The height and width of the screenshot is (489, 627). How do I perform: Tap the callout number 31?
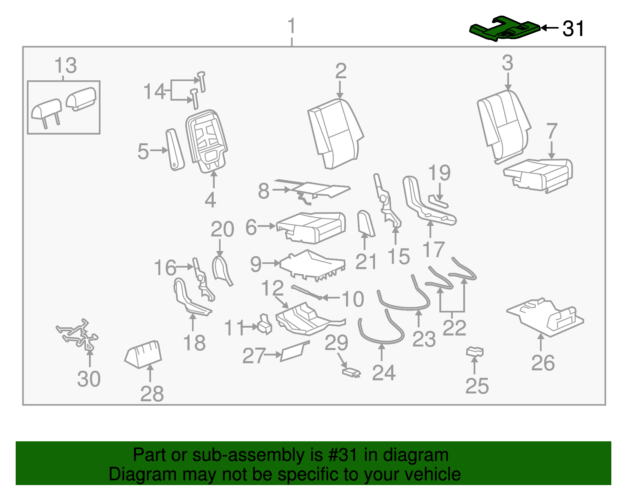(573, 29)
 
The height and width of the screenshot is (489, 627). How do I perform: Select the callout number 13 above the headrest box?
(65, 66)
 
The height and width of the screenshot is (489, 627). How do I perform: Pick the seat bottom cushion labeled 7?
(539, 174)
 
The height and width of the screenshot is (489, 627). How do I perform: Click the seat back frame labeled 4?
(207, 141)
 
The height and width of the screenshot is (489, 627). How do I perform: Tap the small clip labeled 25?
(475, 351)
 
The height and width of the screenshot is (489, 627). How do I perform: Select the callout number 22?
(454, 328)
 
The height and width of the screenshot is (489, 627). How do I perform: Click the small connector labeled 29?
(351, 372)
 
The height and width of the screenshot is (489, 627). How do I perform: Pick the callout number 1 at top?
(292, 27)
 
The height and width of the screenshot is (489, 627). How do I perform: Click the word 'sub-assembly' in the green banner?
(242, 455)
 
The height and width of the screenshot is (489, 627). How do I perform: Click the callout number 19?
(439, 173)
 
